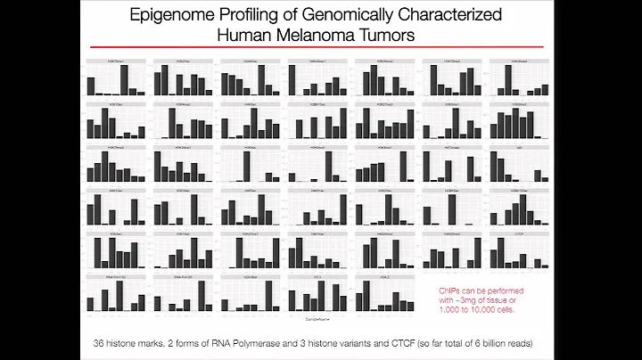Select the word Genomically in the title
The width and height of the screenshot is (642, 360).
[x=322, y=15]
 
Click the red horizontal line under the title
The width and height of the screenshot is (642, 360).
[x=321, y=49]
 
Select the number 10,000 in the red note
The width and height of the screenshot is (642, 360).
[x=490, y=308]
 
